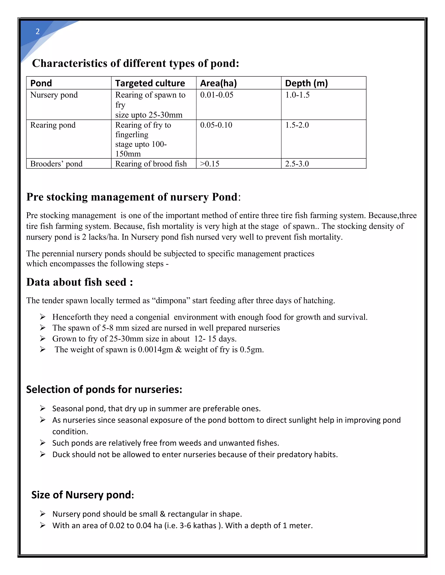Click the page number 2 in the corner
click(38, 32)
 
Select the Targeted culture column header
click(150, 83)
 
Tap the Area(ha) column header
click(218, 83)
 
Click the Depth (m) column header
click(306, 83)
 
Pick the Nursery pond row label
click(54, 95)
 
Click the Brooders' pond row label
click(56, 164)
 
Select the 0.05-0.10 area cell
click(216, 125)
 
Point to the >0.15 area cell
click(210, 164)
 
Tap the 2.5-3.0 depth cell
click(297, 164)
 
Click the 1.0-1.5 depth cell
click(297, 95)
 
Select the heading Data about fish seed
click(80, 282)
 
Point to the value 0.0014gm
click(155, 350)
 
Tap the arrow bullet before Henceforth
click(43, 317)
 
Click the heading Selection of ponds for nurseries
click(104, 390)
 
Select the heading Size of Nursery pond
click(83, 495)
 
